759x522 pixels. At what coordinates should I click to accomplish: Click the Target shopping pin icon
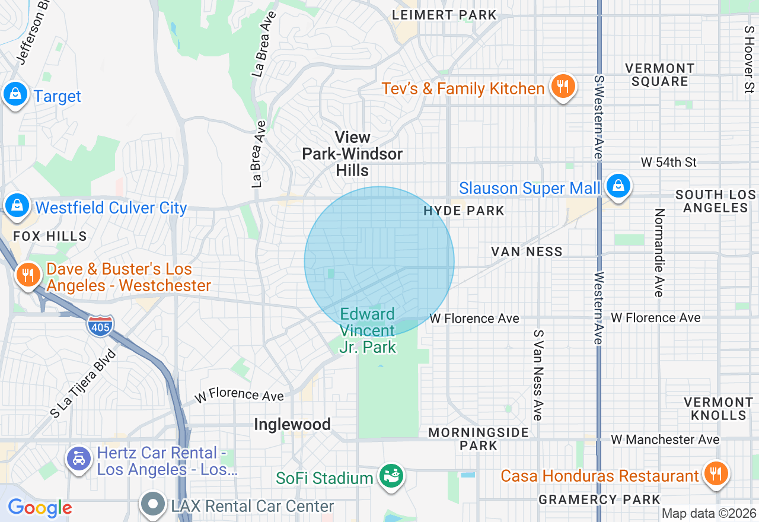15,94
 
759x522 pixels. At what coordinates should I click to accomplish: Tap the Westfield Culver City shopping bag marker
17,206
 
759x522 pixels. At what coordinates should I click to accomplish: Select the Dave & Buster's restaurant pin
27,275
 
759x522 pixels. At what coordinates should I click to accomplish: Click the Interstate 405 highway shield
100,326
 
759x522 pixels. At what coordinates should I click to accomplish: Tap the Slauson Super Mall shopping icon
618,186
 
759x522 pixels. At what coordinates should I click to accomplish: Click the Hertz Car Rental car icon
79,459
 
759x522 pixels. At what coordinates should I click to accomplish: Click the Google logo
40,508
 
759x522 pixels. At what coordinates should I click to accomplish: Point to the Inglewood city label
292,425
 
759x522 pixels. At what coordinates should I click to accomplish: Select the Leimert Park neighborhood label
444,15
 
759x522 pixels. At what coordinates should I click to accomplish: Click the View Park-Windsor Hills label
352,154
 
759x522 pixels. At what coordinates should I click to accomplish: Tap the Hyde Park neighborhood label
464,211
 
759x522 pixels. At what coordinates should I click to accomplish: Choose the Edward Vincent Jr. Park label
368,331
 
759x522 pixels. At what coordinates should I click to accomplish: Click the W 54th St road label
668,163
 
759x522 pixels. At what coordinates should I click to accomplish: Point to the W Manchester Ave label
665,440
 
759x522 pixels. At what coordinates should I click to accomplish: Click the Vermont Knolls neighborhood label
718,409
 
